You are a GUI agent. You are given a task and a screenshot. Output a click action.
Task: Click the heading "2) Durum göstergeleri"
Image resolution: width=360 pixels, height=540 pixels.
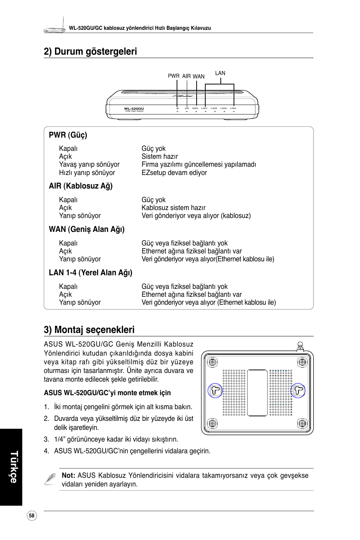click(x=90, y=51)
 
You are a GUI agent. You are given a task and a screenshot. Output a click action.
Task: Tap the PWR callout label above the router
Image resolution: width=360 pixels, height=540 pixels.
click(x=174, y=76)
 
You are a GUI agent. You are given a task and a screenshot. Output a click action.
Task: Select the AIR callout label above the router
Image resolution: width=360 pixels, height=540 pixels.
click(x=186, y=76)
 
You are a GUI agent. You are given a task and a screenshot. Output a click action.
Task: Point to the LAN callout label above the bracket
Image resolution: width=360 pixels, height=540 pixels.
click(x=220, y=73)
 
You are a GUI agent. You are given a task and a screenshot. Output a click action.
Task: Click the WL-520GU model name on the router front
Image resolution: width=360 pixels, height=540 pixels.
click(x=134, y=109)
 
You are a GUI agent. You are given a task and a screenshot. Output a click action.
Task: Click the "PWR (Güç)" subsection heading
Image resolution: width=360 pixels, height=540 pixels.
click(x=68, y=135)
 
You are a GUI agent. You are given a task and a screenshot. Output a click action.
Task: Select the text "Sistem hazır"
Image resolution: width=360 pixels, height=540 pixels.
click(x=160, y=156)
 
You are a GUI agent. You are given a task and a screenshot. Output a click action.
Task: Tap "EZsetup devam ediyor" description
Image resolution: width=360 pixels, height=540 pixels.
click(x=174, y=173)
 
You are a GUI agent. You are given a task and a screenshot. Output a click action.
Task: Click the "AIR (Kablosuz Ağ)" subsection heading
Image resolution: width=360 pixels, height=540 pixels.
click(x=81, y=186)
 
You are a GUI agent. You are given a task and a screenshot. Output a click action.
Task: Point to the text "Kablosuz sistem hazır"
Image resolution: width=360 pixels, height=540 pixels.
click(x=174, y=208)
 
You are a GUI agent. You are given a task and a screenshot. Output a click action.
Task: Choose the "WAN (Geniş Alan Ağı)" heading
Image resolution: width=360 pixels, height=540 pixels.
click(x=87, y=229)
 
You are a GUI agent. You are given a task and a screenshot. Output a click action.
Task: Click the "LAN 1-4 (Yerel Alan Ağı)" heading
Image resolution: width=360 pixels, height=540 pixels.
click(x=91, y=273)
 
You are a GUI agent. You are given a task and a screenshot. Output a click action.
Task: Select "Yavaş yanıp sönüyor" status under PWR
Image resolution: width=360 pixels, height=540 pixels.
click(x=89, y=164)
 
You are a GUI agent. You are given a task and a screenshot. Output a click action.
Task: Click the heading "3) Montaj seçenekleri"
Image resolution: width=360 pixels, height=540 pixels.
click(x=89, y=330)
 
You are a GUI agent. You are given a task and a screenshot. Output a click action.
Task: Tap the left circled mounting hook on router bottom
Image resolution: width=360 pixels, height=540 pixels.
click(x=215, y=390)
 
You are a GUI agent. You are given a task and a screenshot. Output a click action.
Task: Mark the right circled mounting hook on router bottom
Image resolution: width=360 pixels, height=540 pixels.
click(x=298, y=390)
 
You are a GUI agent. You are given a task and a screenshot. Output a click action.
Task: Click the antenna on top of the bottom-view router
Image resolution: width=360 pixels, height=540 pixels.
click(x=300, y=346)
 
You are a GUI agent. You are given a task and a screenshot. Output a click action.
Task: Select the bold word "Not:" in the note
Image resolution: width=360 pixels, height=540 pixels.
click(x=68, y=476)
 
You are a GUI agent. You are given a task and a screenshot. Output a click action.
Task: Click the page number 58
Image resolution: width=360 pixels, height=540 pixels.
click(x=32, y=516)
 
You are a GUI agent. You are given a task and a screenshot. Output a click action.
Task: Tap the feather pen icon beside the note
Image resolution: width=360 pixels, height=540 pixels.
click(x=50, y=479)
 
